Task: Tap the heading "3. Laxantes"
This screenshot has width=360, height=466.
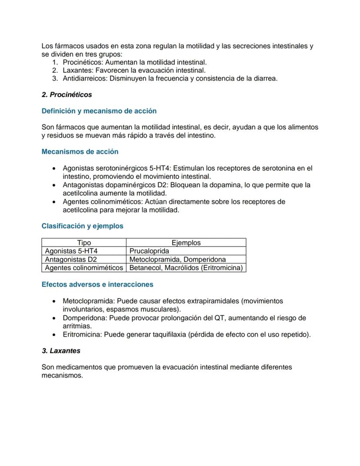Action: coord(61,350)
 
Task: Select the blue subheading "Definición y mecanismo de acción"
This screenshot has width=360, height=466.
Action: coord(99,111)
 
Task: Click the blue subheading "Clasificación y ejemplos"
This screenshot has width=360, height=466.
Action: coord(82,226)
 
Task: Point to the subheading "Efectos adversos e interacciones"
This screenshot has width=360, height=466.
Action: coord(97,284)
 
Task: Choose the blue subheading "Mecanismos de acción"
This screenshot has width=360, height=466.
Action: coord(80,152)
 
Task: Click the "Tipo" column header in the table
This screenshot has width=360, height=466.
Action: coord(84,243)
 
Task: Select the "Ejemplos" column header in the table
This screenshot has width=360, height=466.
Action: coord(186,243)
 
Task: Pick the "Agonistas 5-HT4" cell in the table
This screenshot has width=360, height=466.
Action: coord(71,251)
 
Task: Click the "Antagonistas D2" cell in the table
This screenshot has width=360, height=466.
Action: coord(71,259)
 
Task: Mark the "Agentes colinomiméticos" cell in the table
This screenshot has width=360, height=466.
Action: coord(84,268)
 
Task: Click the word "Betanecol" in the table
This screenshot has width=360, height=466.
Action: coord(145,268)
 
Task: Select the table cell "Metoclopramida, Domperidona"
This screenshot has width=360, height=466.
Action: coord(177,259)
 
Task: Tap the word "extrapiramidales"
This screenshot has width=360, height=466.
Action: coord(213,301)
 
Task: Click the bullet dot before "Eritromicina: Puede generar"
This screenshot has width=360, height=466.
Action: coord(53,335)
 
